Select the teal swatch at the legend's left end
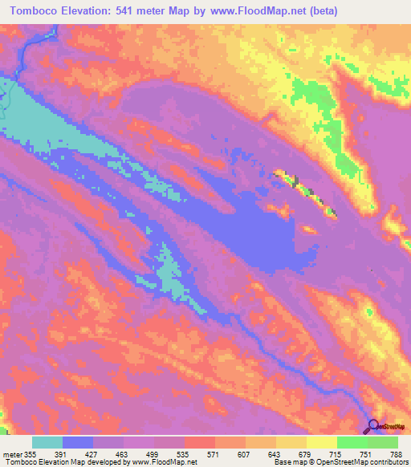click(47, 441)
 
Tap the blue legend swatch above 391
click(78, 441)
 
